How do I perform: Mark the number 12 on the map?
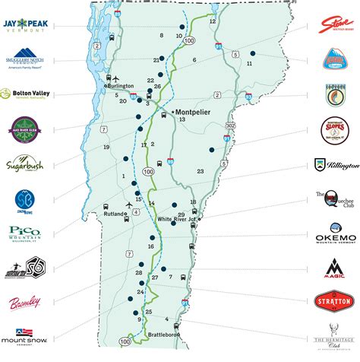(213, 21)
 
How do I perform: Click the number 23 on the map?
(200, 172)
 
